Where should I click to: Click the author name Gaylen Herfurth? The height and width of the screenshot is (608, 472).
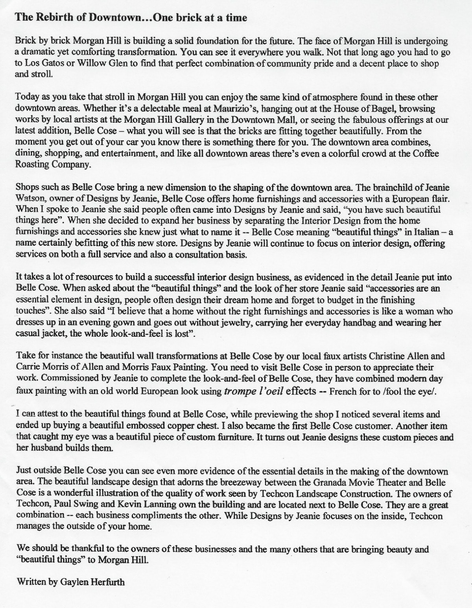pos(92,582)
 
